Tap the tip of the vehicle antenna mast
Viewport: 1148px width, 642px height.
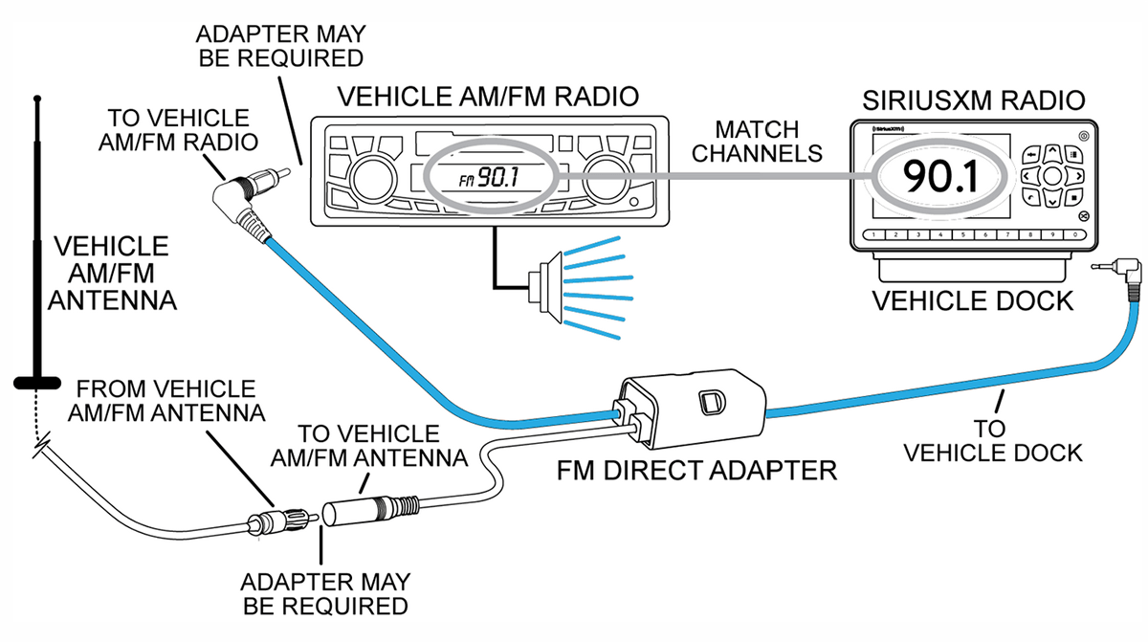[37, 99]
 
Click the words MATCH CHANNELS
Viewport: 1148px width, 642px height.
[759, 140]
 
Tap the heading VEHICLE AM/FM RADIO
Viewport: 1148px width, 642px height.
[489, 97]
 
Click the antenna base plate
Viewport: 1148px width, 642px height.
[38, 383]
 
